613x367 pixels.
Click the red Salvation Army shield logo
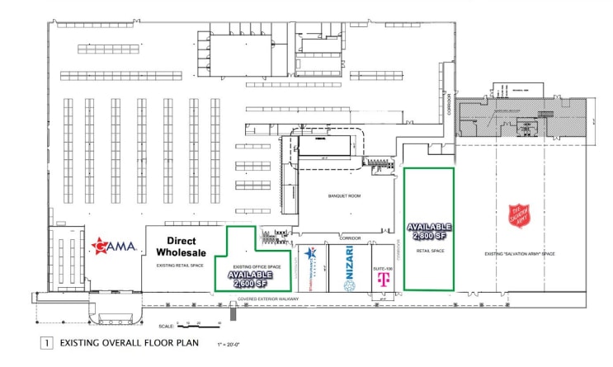click(x=519, y=216)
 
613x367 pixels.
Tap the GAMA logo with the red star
click(x=114, y=245)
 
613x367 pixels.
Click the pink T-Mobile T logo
click(x=382, y=280)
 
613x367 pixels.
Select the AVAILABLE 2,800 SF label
click(x=428, y=232)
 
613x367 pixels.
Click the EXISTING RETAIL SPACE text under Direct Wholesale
click(x=179, y=266)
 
